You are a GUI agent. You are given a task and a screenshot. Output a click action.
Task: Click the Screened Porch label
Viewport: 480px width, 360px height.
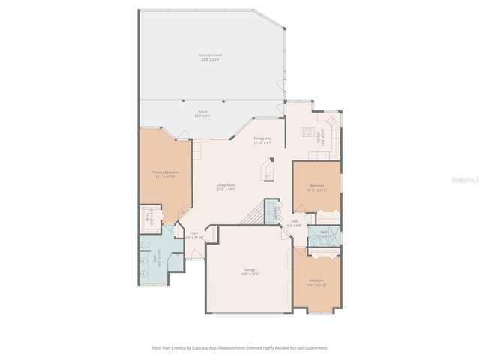pyautogui.click(x=210, y=57)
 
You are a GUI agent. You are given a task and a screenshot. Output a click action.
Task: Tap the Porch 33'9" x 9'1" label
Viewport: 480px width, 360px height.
pyautogui.click(x=202, y=113)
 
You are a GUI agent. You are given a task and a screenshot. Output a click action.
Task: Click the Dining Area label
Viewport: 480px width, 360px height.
pyautogui.click(x=262, y=140)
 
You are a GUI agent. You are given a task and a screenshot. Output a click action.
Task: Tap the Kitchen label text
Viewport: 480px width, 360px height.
pyautogui.click(x=319, y=137)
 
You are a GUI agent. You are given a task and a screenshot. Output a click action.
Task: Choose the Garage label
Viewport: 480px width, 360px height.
pyautogui.click(x=250, y=271)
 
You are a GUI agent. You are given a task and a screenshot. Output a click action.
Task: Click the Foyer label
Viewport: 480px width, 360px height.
pyautogui.click(x=193, y=235)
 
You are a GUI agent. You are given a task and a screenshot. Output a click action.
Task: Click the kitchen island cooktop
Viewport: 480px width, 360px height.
pyautogui.click(x=306, y=133)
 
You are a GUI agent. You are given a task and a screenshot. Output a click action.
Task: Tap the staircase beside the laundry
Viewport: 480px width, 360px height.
pyautogui.click(x=255, y=217)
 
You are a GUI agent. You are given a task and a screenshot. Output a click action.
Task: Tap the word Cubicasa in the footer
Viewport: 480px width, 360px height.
pyautogui.click(x=212, y=348)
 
